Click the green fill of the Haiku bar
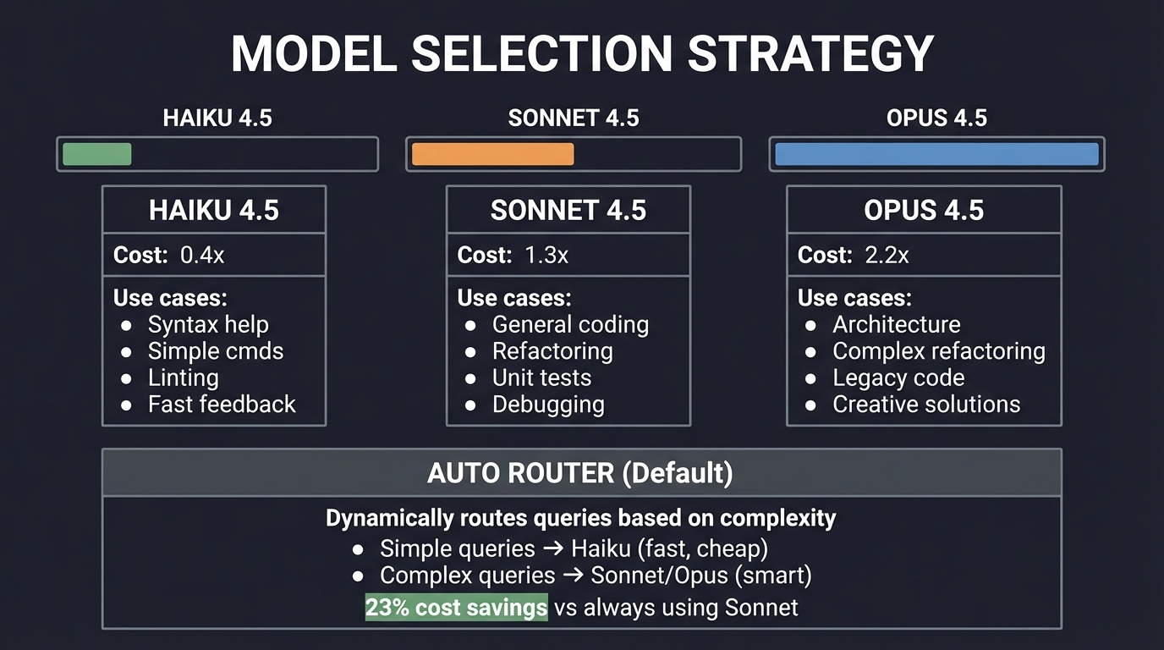click(x=97, y=154)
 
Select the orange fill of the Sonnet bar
click(x=492, y=154)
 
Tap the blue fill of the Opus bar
click(x=936, y=154)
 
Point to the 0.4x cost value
click(x=202, y=256)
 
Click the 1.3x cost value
click(x=546, y=256)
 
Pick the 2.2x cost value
click(x=887, y=256)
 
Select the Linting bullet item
click(x=183, y=377)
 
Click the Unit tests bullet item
click(x=541, y=377)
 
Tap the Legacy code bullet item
click(x=898, y=377)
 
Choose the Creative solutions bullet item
click(x=925, y=405)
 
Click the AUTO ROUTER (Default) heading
click(x=580, y=473)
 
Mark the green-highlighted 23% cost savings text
click(x=456, y=607)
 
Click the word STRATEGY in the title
click(x=810, y=53)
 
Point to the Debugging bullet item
click(x=548, y=405)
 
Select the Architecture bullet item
click(x=896, y=324)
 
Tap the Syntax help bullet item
click(x=208, y=324)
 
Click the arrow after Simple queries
click(x=553, y=548)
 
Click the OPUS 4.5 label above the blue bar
click(x=936, y=118)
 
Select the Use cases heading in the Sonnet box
click(x=514, y=298)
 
